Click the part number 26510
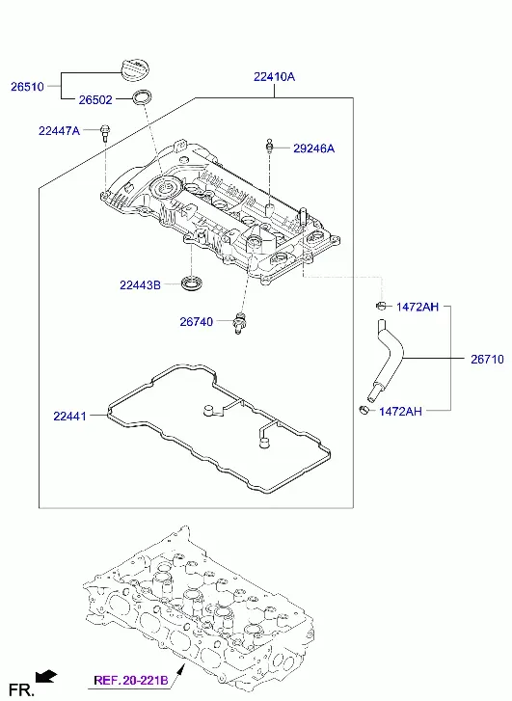pyautogui.click(x=27, y=86)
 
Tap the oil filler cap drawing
pyautogui.click(x=137, y=70)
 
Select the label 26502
pyautogui.click(x=95, y=99)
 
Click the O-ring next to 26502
pyautogui.click(x=142, y=98)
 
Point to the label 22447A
pyautogui.click(x=59, y=130)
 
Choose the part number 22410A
pyautogui.click(x=274, y=77)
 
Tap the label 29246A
pyautogui.click(x=314, y=148)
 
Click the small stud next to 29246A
pyautogui.click(x=269, y=147)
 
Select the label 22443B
pyautogui.click(x=140, y=284)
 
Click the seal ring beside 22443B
pyautogui.click(x=192, y=283)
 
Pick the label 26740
pyautogui.click(x=197, y=321)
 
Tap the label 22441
pyautogui.click(x=69, y=417)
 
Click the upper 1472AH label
pyautogui.click(x=418, y=307)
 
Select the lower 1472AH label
pyautogui.click(x=400, y=412)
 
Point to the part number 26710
pyautogui.click(x=487, y=359)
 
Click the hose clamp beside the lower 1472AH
pyautogui.click(x=364, y=410)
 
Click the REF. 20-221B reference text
pyautogui.click(x=131, y=681)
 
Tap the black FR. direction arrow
pyautogui.click(x=46, y=677)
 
